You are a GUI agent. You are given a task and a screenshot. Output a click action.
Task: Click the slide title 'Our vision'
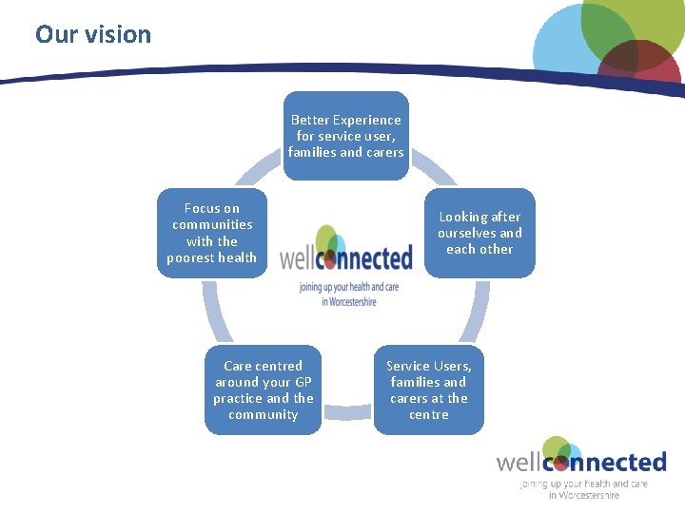click(93, 35)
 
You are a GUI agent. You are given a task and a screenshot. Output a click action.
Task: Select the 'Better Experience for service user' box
click(345, 135)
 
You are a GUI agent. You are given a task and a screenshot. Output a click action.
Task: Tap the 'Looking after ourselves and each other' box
click(479, 233)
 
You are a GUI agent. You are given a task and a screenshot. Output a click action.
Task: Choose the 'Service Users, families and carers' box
click(428, 389)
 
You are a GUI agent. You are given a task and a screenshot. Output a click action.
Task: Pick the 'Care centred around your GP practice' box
click(264, 389)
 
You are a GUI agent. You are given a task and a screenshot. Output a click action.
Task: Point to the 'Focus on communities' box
click(211, 233)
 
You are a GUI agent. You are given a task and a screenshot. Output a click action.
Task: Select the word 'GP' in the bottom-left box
click(303, 382)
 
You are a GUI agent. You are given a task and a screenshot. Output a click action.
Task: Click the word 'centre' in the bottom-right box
click(428, 414)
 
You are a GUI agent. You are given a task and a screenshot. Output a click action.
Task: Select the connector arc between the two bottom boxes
click(346, 410)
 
